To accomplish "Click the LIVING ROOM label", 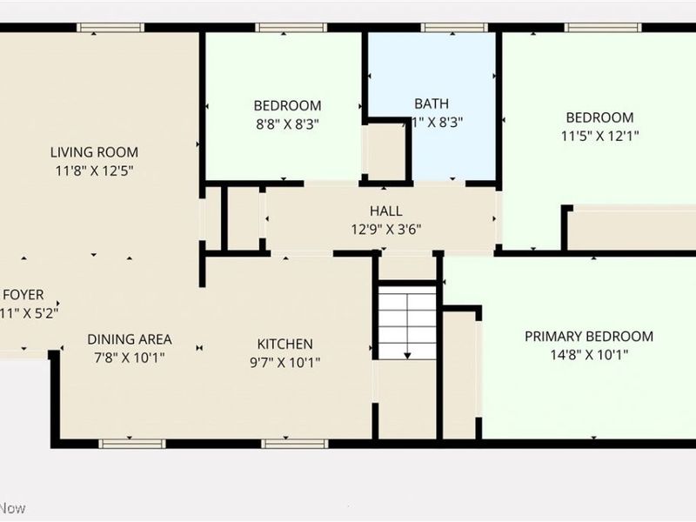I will [x=94, y=152].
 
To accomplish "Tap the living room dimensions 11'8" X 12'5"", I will [x=94, y=171].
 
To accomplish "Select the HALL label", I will [x=386, y=211].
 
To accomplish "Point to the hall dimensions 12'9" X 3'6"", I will [x=386, y=230].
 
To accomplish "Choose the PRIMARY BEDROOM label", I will [x=589, y=337].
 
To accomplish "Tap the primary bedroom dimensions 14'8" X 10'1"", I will [x=589, y=355].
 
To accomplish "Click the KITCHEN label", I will [x=284, y=344].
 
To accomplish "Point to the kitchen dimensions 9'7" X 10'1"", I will [x=284, y=362].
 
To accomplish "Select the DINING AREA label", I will [x=130, y=339].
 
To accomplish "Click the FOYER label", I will [x=23, y=295].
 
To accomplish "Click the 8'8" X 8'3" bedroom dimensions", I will [x=287, y=124].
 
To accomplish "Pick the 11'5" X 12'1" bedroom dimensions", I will [x=599, y=136].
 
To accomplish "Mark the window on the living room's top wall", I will [x=110, y=28].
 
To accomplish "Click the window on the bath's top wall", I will [x=452, y=28].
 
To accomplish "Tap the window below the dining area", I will [x=132, y=444].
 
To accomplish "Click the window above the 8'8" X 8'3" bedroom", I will [x=285, y=28].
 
